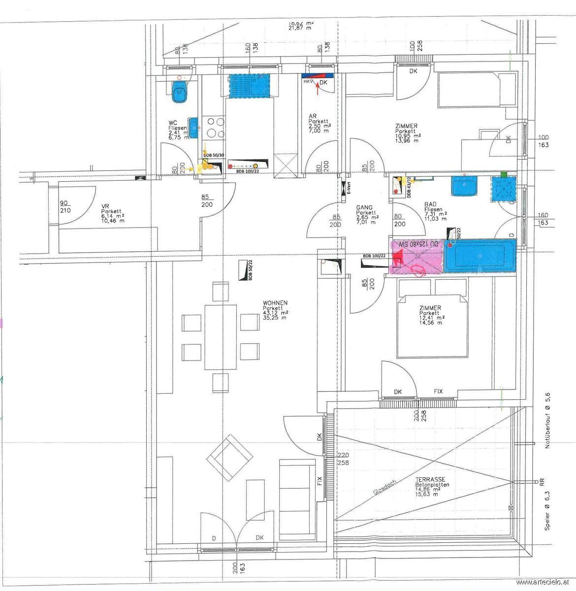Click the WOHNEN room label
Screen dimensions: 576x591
pyautogui.click(x=275, y=303)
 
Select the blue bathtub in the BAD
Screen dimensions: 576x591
pyautogui.click(x=480, y=256)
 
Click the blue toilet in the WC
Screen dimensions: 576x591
pyautogui.click(x=180, y=92)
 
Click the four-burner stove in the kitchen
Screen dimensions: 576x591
pyautogui.click(x=214, y=127)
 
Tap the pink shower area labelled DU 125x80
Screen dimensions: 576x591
pyautogui.click(x=416, y=256)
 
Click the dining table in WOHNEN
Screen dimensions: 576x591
pyautogui.click(x=221, y=337)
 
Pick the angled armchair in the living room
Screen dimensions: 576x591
pyautogui.click(x=229, y=458)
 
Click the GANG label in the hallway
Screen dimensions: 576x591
pyautogui.click(x=364, y=208)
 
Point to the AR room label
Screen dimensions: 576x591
pyautogui.click(x=312, y=116)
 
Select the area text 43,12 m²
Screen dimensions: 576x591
pyautogui.click(x=276, y=313)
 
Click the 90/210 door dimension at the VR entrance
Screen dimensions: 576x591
pyautogui.click(x=65, y=207)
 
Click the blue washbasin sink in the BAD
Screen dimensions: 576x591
pyautogui.click(x=464, y=187)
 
